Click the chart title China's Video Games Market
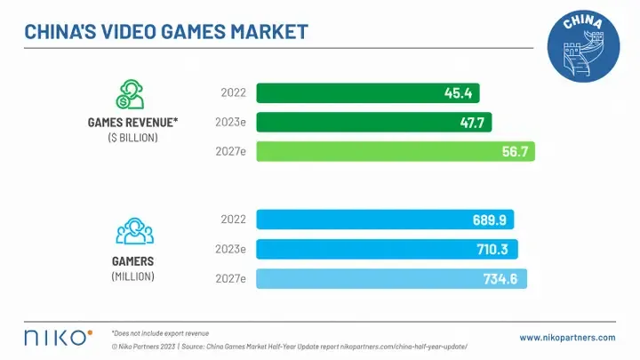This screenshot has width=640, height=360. click(165, 32)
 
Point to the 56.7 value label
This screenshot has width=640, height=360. click(516, 151)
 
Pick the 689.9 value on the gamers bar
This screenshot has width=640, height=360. click(491, 220)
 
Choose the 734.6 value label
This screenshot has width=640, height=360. click(508, 279)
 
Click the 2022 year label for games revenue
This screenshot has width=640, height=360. click(233, 92)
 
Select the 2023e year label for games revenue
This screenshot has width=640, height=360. click(231, 122)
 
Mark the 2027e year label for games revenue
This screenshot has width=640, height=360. click(231, 151)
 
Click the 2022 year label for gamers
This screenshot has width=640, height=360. click(233, 220)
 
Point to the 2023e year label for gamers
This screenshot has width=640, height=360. click(231, 249)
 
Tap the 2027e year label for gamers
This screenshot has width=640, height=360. click(231, 279)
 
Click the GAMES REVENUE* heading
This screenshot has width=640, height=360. click(133, 123)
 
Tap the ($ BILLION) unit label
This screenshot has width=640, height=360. click(133, 138)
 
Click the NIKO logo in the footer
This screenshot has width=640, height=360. click(57, 337)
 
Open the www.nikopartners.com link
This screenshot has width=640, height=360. click(567, 338)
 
